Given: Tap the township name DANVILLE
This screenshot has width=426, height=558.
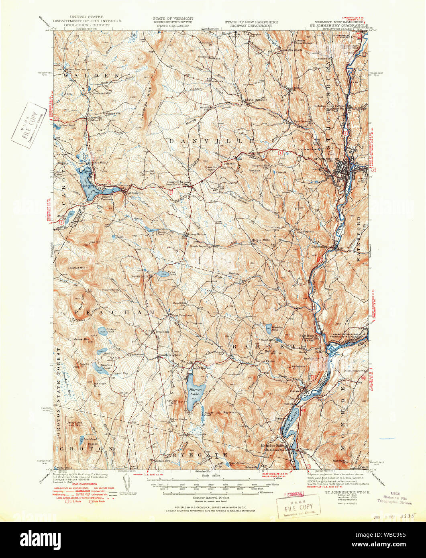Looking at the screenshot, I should (x=212, y=141).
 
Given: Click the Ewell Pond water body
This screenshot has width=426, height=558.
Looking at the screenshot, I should (x=163, y=274).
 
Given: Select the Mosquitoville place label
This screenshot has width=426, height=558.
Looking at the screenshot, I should (x=196, y=434).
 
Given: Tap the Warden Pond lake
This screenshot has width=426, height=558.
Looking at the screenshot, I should (x=269, y=330).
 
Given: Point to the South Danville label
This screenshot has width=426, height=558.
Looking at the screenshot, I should (x=200, y=246).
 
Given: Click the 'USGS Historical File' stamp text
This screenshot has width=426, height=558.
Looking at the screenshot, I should (x=394, y=497).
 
